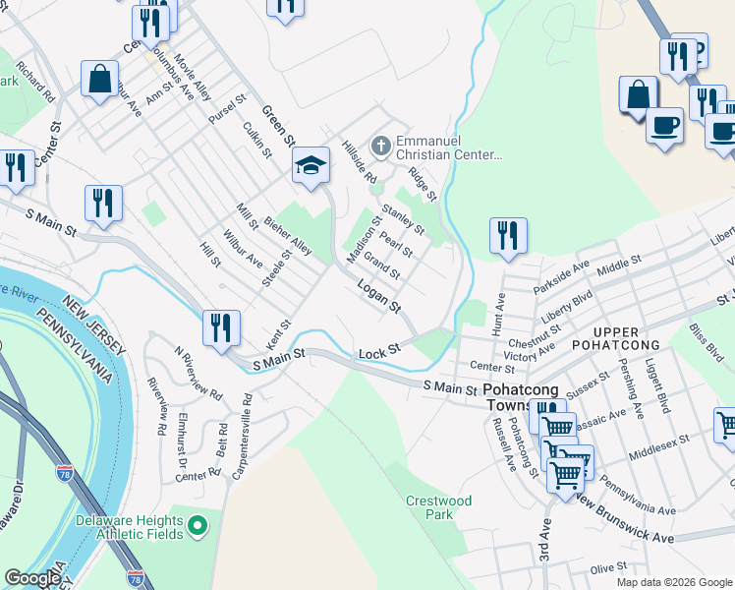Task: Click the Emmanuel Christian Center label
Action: (x=449, y=147)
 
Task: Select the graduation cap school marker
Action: (x=311, y=166)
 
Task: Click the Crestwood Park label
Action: (x=438, y=507)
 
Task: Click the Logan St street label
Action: (x=379, y=295)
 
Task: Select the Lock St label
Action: (x=380, y=351)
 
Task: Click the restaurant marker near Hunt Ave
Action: (x=508, y=236)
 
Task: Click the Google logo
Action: (x=32, y=578)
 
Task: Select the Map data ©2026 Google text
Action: (x=674, y=582)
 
